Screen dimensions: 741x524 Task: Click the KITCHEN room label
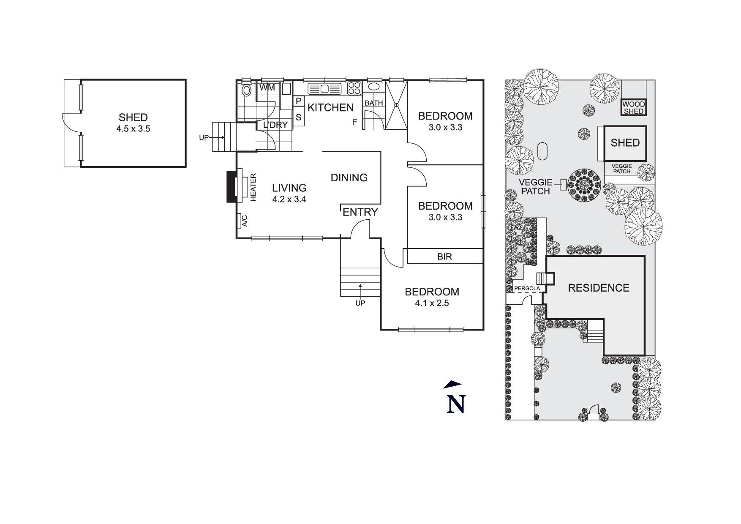(330, 107)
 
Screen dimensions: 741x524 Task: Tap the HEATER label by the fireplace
(253, 187)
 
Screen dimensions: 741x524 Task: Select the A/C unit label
(244, 221)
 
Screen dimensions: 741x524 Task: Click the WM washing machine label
(267, 88)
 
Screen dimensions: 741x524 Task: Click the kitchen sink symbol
(324, 89)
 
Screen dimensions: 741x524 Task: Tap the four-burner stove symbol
(354, 88)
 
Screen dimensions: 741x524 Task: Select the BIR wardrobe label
(444, 256)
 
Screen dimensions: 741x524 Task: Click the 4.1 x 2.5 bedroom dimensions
(432, 303)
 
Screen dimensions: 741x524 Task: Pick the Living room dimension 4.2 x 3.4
(289, 199)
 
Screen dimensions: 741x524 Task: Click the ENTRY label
(360, 212)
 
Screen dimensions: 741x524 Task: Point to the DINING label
(349, 177)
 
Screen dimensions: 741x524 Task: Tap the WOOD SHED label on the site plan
(634, 108)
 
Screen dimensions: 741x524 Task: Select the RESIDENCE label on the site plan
(599, 288)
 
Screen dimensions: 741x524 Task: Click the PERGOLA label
(527, 289)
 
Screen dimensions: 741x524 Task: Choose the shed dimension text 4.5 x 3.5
(133, 128)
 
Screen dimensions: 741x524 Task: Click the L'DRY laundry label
(275, 125)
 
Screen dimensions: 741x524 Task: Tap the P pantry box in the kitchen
(298, 101)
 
